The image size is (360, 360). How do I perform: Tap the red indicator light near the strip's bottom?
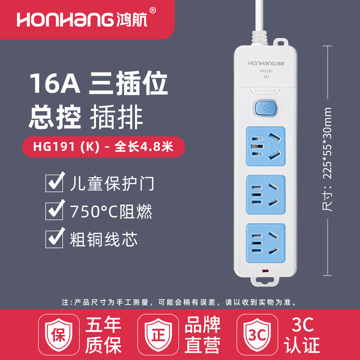(265, 271)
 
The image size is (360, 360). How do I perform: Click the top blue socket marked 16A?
(266, 146)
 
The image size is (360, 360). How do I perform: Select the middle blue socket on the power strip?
(266, 195)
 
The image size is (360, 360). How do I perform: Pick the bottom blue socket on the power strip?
(266, 243)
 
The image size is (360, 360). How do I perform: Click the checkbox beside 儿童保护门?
(54, 183)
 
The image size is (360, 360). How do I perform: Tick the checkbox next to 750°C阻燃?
(54, 211)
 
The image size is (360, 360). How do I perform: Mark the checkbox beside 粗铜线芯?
(54, 238)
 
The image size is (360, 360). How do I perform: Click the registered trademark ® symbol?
(153, 10)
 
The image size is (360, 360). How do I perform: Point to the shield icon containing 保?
(59, 334)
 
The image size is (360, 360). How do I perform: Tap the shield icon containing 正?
(158, 334)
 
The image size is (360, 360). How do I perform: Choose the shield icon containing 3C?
(257, 334)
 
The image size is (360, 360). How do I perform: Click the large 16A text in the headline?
(55, 83)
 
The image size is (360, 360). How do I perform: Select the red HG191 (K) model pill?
(103, 147)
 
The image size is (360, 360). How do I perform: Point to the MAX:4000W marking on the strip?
(265, 91)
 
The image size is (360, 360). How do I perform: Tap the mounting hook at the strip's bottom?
(265, 282)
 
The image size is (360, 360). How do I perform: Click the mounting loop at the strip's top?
(280, 42)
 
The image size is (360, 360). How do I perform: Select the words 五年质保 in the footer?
(103, 335)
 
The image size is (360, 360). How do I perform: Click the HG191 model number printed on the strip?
(266, 71)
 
